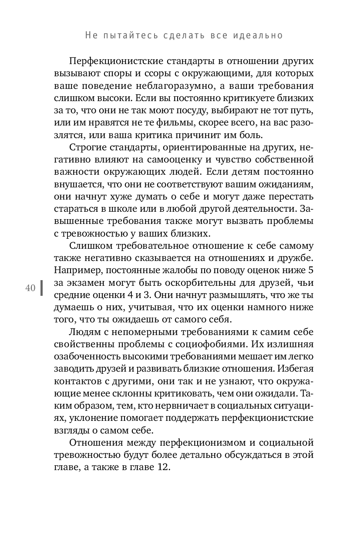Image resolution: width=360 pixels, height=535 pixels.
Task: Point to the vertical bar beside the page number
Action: (41, 288)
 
